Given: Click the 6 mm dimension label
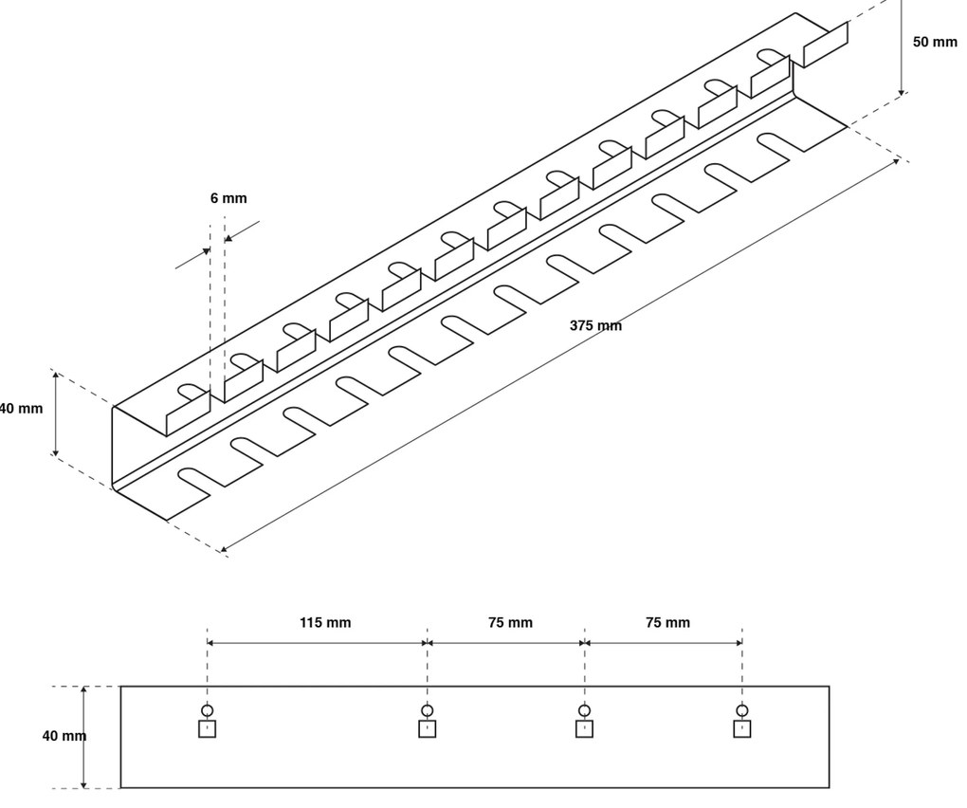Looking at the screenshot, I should tap(228, 199).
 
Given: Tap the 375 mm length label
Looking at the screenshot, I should tap(595, 325).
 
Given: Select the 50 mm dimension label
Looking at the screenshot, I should tap(935, 44).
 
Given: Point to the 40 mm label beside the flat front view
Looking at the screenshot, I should tap(64, 736).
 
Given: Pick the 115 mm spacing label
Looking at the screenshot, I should tap(325, 623).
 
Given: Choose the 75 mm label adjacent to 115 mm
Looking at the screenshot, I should tap(510, 623).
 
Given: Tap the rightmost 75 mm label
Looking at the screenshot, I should tap(667, 623).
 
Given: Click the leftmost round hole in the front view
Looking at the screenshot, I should tap(208, 711).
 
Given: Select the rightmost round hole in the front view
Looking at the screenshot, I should tap(742, 711).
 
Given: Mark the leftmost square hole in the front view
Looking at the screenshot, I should tap(208, 728).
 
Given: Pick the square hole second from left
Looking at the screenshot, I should tap(428, 728).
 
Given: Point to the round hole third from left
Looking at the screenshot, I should tap(585, 711).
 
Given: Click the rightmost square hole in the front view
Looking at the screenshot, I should tap(742, 728).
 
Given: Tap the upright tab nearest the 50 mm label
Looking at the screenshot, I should tap(825, 45).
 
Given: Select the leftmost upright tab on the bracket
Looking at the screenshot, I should tap(188, 415).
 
